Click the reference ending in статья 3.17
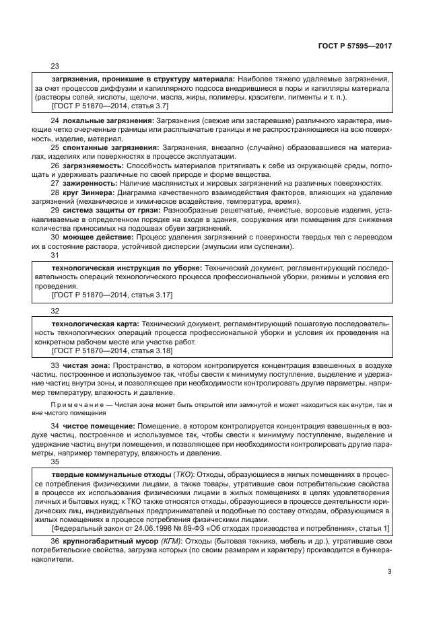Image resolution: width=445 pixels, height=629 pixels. coord(112,295)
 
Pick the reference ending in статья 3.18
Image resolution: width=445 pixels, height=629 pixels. coord(112,350)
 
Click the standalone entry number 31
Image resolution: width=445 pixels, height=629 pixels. coord(55,256)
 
